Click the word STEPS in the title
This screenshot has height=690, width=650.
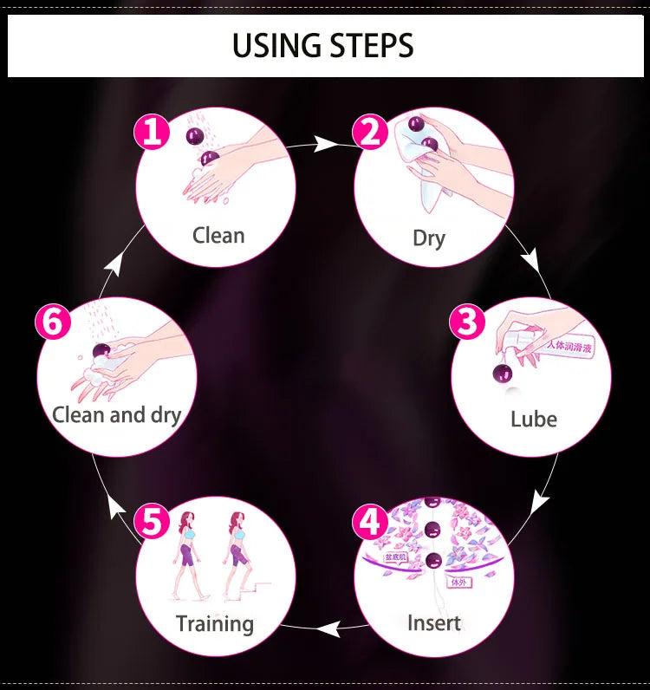(368, 45)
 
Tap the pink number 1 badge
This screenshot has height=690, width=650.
(152, 133)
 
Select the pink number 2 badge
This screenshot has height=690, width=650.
(370, 133)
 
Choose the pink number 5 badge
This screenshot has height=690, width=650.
(152, 523)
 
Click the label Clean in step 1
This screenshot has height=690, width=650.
(218, 235)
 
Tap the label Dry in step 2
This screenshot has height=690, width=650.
(429, 238)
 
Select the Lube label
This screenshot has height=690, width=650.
(533, 419)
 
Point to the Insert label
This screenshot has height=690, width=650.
(434, 622)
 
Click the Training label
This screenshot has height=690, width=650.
(215, 623)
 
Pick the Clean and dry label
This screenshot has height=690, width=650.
(116, 414)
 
